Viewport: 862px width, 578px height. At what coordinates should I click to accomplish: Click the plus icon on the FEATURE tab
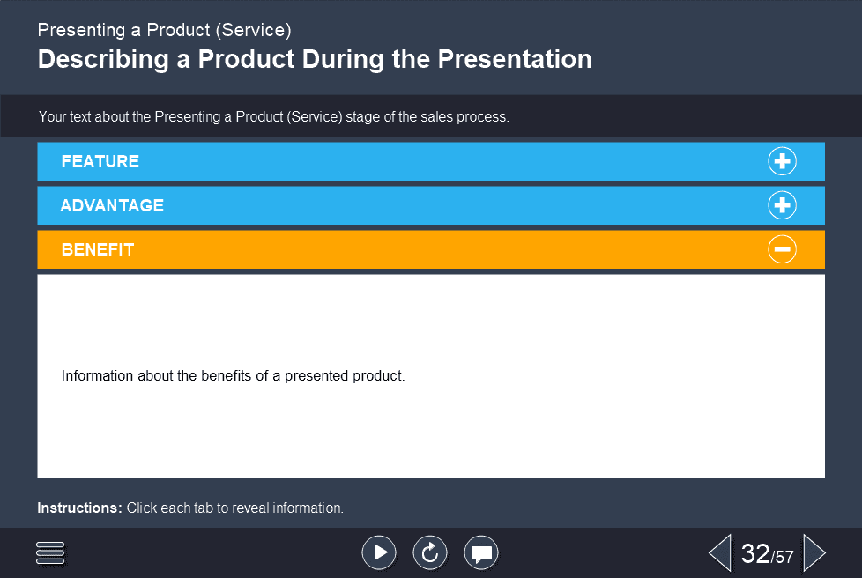tap(782, 161)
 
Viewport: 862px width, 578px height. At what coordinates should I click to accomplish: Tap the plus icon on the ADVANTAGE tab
tap(782, 205)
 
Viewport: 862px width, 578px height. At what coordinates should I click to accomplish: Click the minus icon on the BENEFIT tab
tap(782, 249)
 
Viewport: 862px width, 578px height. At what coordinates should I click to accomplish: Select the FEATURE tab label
tap(100, 162)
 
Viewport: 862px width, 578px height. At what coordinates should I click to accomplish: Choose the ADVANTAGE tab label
tap(112, 206)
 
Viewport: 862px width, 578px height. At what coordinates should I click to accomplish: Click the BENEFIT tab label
tap(98, 250)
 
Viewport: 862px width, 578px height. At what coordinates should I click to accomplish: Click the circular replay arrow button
tap(430, 552)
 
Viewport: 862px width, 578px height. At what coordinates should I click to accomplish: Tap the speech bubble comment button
tap(481, 552)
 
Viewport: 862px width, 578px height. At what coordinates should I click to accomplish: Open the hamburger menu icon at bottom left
tap(51, 552)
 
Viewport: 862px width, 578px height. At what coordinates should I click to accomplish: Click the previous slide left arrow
tap(719, 552)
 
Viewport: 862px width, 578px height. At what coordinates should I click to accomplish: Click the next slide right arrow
tap(814, 552)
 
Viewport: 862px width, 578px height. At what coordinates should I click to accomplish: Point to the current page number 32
tap(755, 553)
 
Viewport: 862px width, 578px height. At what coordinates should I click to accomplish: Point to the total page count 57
tap(784, 557)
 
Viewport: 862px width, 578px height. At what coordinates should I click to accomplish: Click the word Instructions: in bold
tap(79, 508)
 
